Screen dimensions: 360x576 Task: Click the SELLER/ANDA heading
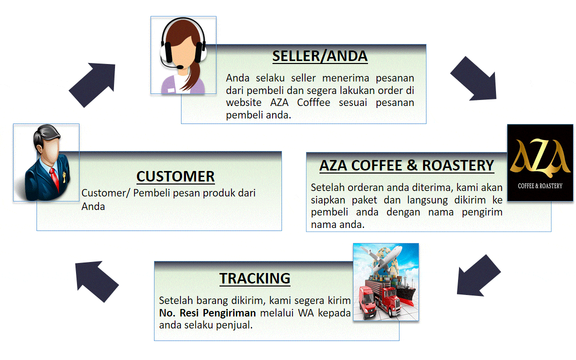point(320,56)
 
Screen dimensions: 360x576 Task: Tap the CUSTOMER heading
point(175,176)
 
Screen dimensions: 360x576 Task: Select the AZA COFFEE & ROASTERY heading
point(407,165)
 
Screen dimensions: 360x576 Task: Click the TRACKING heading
point(255,278)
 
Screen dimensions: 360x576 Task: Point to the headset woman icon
point(183,55)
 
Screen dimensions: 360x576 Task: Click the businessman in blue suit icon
point(46,162)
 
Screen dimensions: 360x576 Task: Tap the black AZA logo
point(540,162)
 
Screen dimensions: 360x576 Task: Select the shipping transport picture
point(385,282)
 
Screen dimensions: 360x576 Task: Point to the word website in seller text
point(243,103)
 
